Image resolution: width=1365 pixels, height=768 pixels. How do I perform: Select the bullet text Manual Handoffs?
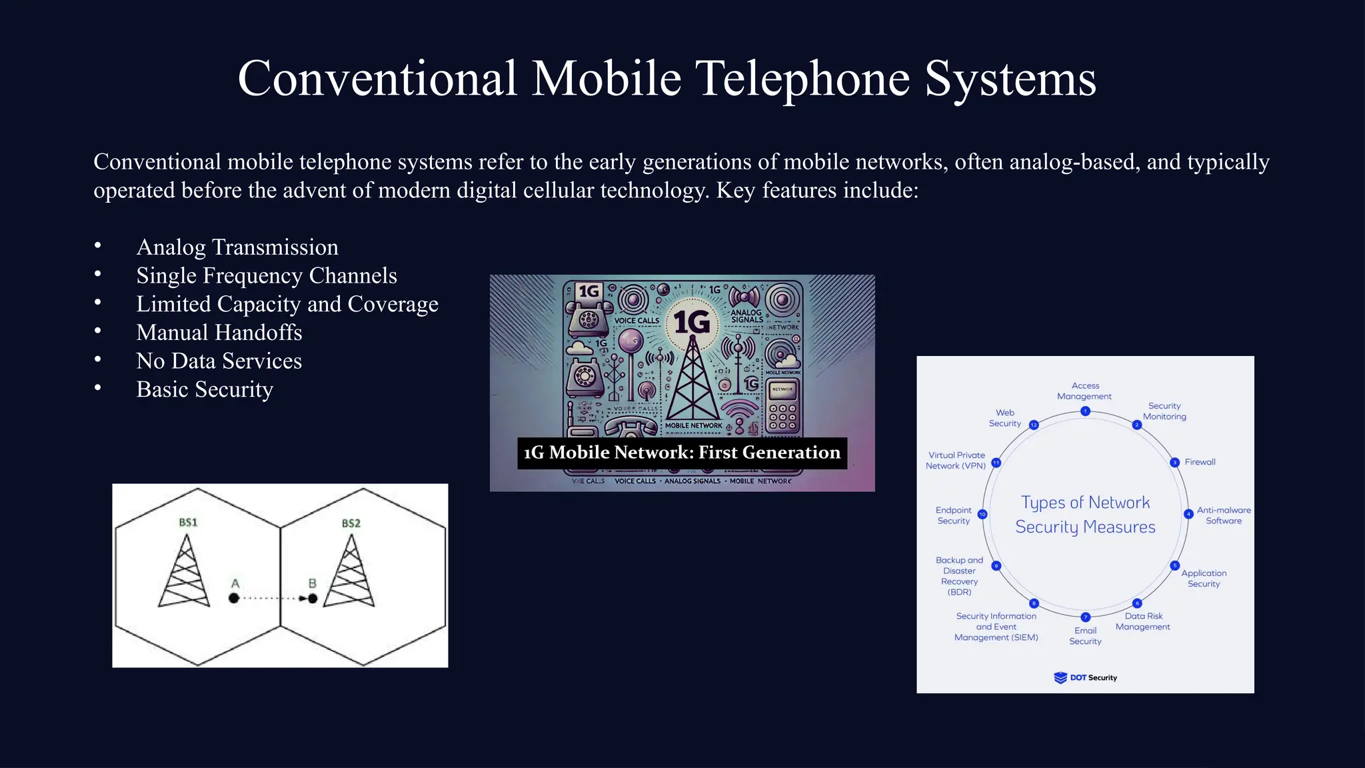(x=219, y=332)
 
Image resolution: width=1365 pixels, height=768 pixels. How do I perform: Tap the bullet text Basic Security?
(x=205, y=389)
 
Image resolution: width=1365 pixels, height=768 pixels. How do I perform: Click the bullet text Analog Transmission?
(x=237, y=247)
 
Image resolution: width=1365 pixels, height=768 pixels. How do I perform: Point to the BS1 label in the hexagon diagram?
(x=188, y=522)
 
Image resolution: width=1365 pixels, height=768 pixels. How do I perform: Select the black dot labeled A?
(x=233, y=598)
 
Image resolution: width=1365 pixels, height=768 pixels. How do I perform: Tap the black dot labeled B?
(x=313, y=598)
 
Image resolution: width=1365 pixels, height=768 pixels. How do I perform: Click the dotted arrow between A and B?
(x=273, y=598)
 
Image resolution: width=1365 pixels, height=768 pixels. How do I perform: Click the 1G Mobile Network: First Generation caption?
(x=682, y=453)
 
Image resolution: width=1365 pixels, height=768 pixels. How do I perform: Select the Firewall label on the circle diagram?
(x=1200, y=462)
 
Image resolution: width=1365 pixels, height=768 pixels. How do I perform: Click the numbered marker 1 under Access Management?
(x=1085, y=411)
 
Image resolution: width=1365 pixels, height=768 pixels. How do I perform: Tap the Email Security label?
(x=1085, y=636)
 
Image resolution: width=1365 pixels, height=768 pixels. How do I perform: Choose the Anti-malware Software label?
(x=1224, y=515)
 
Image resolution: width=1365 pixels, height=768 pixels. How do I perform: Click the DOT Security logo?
(x=1085, y=677)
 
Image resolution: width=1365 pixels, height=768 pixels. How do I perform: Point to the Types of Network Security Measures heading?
(x=1085, y=515)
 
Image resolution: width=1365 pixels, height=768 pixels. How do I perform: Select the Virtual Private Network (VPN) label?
(x=956, y=461)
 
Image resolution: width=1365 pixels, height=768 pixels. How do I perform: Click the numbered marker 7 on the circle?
(x=1085, y=617)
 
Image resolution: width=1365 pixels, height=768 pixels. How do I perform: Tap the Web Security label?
(x=1004, y=418)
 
